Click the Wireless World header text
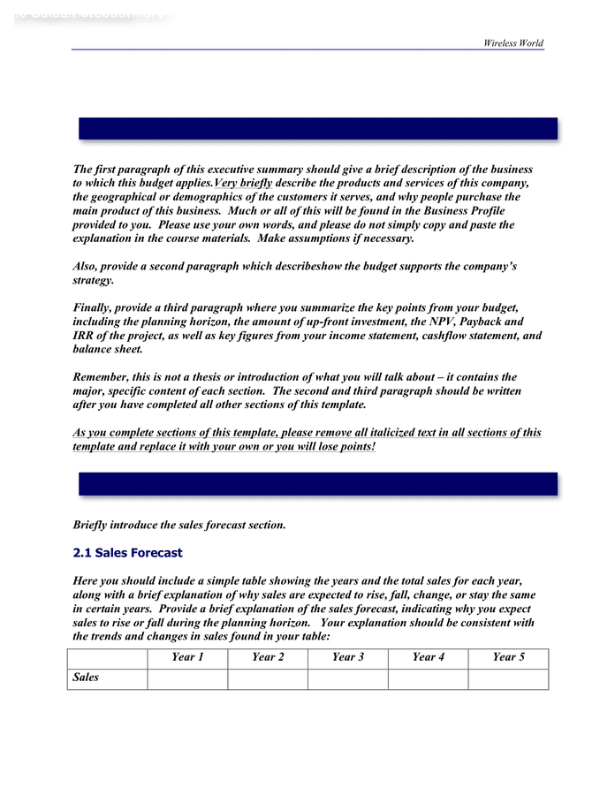pyautogui.click(x=513, y=42)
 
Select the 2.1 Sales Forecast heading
pyautogui.click(x=127, y=553)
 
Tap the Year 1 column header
pyautogui.click(x=187, y=657)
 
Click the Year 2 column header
pyautogui.click(x=268, y=657)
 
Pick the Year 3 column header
pyautogui.click(x=347, y=657)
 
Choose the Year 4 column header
pyautogui.click(x=428, y=657)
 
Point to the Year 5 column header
pyautogui.click(x=508, y=657)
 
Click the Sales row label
pyautogui.click(x=86, y=678)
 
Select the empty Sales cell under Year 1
pyautogui.click(x=187, y=678)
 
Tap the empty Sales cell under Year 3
pyautogui.click(x=347, y=678)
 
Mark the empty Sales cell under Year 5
pyautogui.click(x=508, y=678)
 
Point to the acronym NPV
pyautogui.click(x=424, y=322)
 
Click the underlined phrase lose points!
pyautogui.click(x=338, y=446)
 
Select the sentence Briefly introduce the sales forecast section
pyautogui.click(x=179, y=525)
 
